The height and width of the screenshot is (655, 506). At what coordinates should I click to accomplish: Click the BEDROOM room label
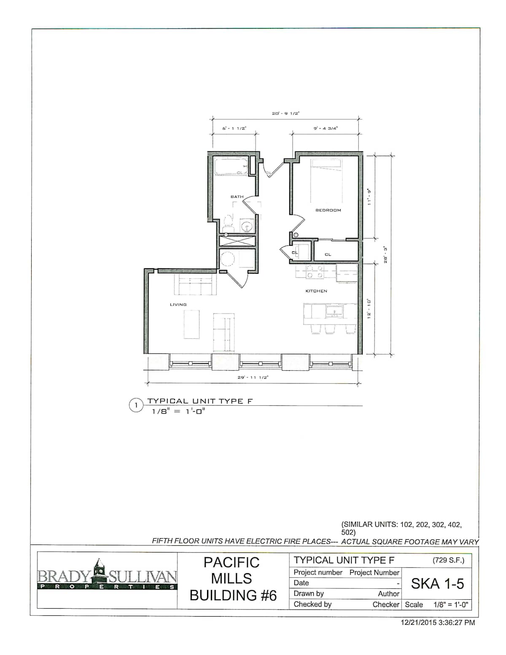coord(328,210)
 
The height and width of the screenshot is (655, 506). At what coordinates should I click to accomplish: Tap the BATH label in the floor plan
coord(237,197)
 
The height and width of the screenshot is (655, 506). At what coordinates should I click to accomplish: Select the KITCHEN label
coord(316,291)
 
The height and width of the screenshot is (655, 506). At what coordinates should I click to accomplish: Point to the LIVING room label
coord(178,305)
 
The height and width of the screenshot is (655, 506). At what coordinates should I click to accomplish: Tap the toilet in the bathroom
coord(228,224)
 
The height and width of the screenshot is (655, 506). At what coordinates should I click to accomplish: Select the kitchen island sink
coord(334,311)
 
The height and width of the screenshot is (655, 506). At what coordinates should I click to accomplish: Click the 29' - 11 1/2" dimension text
coord(253,377)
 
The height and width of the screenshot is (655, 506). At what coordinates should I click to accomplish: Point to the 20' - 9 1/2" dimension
coord(285,113)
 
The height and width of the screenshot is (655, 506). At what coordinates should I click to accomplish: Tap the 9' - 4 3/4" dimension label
coord(326,128)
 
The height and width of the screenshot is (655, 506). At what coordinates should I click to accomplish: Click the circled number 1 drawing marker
coord(136,405)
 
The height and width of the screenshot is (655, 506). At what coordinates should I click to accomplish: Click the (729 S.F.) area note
coord(448,561)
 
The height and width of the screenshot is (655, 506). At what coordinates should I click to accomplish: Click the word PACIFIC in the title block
coord(231,563)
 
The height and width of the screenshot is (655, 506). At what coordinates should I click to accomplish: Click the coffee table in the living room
coord(191,324)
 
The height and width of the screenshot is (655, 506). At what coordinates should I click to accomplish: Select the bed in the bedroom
coord(327,181)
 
